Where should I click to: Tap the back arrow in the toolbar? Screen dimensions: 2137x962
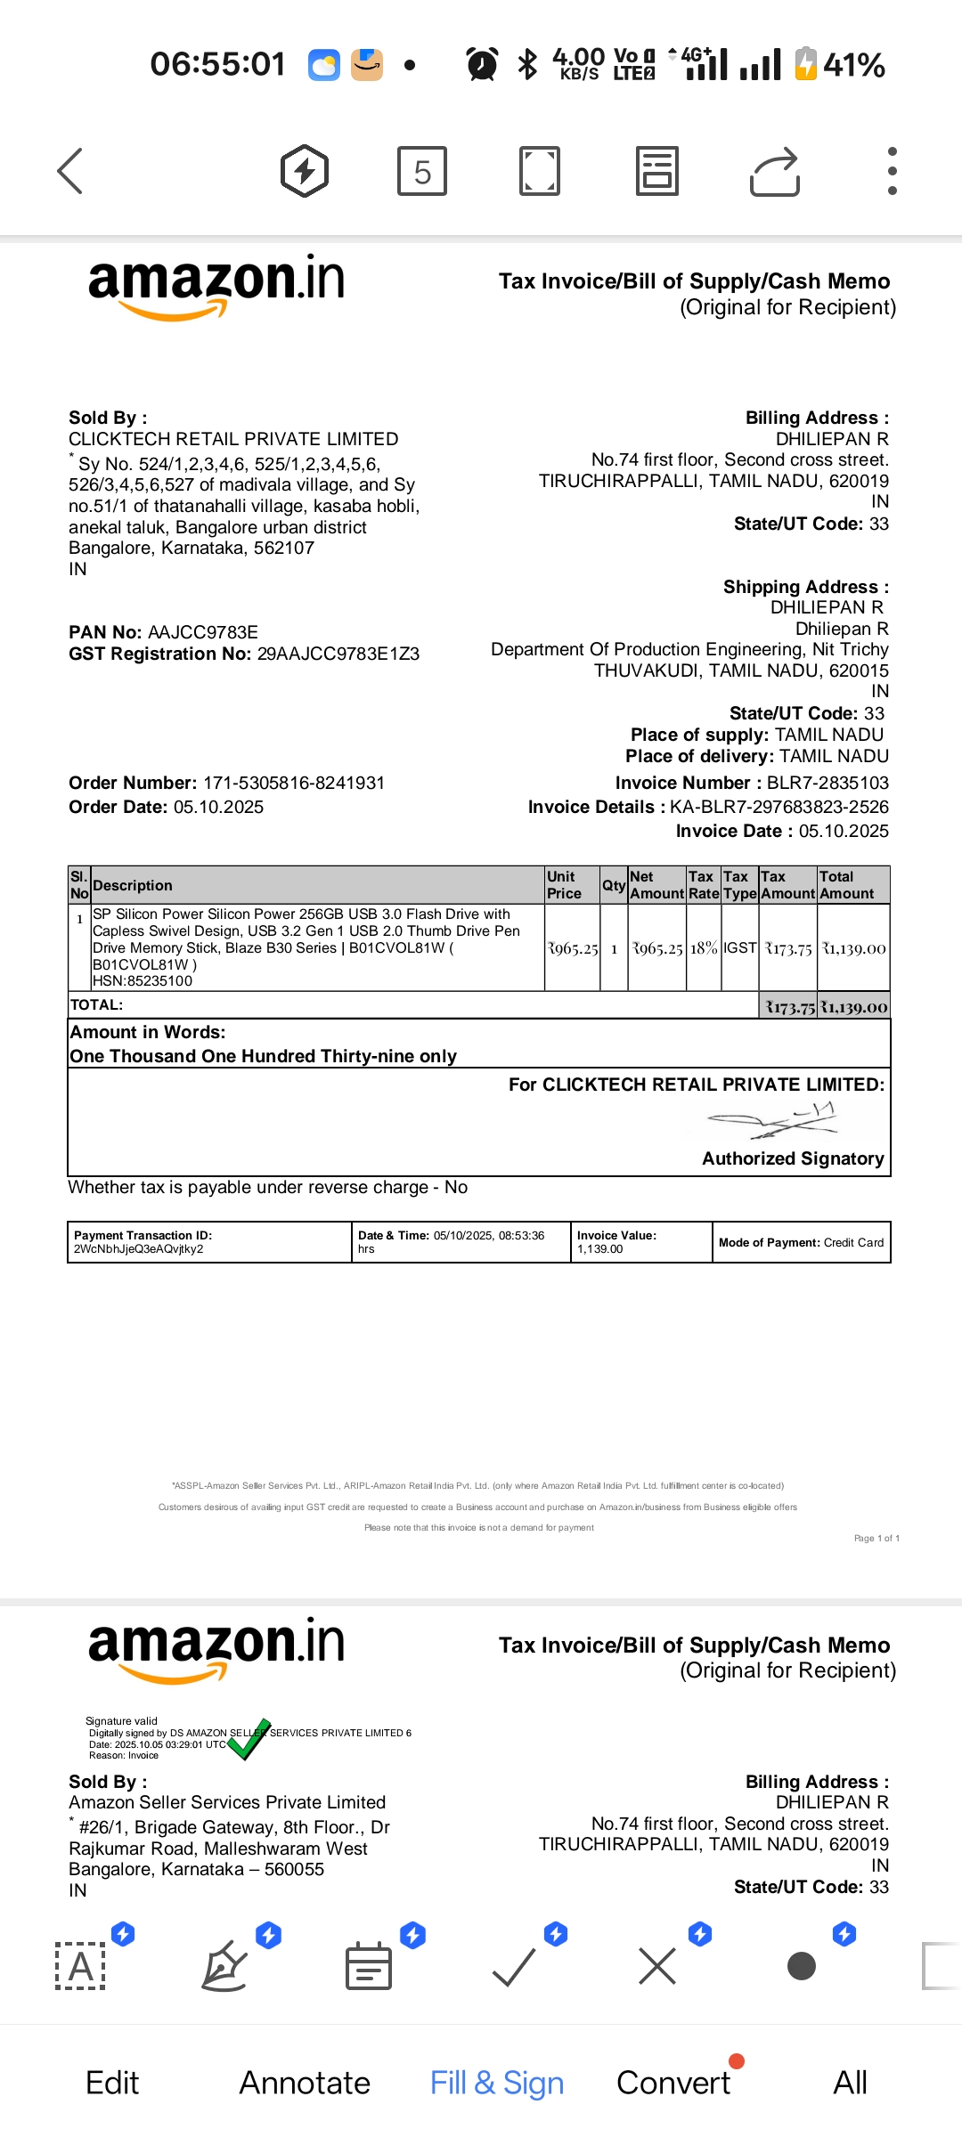point(70,170)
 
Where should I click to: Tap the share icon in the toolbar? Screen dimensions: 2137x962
point(774,171)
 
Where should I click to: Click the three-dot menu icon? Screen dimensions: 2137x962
point(892,171)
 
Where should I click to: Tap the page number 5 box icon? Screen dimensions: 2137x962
point(422,171)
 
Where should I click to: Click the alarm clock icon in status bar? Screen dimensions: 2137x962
point(482,65)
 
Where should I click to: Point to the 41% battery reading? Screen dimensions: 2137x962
point(852,65)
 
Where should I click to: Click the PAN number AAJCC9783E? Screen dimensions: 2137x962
point(202,632)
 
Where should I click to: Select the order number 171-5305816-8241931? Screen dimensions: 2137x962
point(294,783)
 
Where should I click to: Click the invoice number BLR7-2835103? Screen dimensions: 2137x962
point(827,783)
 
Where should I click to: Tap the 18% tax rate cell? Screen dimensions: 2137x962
point(704,948)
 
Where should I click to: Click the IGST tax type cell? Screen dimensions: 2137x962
point(739,948)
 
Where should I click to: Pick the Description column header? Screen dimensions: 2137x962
point(133,885)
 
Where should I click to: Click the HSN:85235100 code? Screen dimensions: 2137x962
point(143,980)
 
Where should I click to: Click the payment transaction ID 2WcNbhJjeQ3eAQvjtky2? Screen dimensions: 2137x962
point(139,1248)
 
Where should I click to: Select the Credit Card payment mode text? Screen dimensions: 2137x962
point(853,1242)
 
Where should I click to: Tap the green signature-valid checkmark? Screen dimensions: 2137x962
point(248,1739)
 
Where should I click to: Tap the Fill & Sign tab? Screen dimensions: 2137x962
point(496,2083)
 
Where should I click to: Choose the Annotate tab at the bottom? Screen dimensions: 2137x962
point(305,2083)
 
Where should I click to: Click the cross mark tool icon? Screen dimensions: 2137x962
point(657,1965)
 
